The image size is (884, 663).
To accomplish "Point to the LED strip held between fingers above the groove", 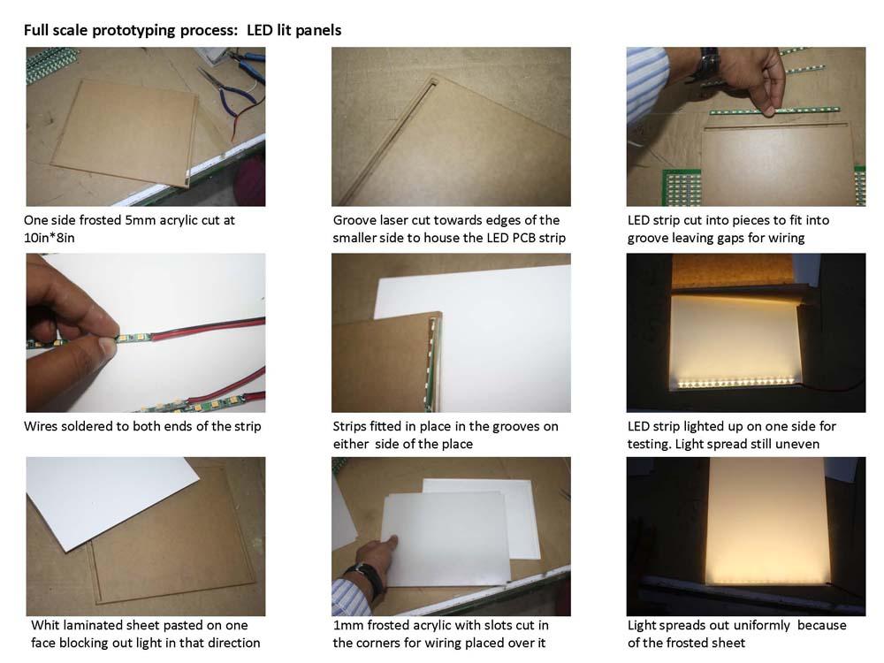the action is click(774, 110).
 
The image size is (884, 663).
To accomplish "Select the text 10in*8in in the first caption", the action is click(49, 238).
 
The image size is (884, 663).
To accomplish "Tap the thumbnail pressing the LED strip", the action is click(106, 345).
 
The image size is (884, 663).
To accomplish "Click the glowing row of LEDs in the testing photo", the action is click(735, 383).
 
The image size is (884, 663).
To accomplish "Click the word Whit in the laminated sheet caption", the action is click(45, 625).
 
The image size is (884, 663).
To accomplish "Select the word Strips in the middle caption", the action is click(349, 427).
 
